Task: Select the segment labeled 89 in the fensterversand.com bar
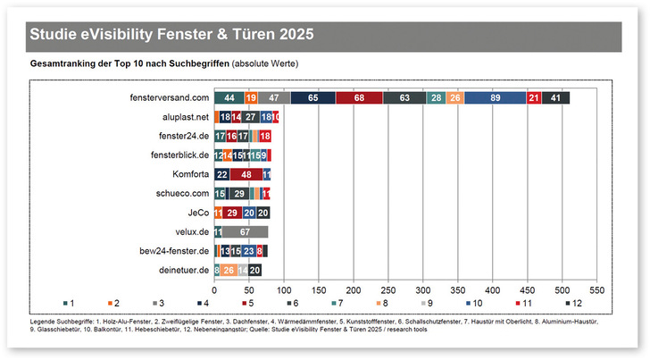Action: click(x=496, y=97)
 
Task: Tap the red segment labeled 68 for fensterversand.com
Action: click(x=358, y=97)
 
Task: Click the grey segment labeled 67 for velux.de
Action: click(x=244, y=231)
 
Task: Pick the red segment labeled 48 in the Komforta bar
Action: click(x=246, y=174)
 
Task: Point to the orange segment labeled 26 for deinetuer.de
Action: click(x=229, y=270)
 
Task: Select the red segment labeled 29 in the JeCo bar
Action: click(x=231, y=213)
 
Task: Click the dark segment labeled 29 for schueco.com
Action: click(x=237, y=193)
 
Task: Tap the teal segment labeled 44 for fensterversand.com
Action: click(x=229, y=97)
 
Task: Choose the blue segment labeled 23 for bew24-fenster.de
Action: click(x=249, y=251)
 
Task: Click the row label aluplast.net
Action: click(x=184, y=117)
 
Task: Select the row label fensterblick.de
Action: click(x=180, y=155)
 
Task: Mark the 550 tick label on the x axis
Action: click(x=597, y=291)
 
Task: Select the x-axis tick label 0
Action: click(x=214, y=291)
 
